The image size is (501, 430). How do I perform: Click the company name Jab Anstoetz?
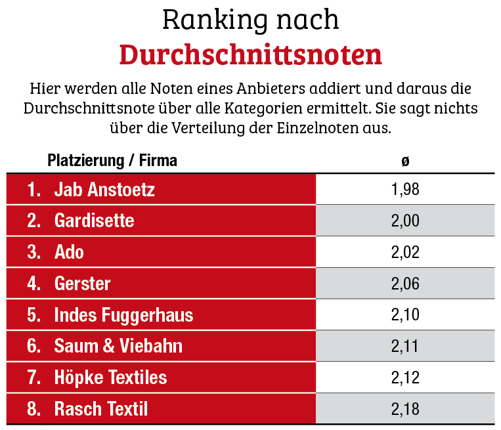tap(104, 190)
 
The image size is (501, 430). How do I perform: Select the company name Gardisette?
tap(94, 221)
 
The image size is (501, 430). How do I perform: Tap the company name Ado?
tap(69, 252)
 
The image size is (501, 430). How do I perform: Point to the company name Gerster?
tap(82, 284)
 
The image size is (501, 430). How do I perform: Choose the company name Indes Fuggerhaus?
tap(123, 315)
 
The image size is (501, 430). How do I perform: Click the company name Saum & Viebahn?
tap(118, 346)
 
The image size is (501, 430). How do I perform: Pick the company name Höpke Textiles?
tap(110, 377)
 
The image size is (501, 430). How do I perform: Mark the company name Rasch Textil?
tap(100, 409)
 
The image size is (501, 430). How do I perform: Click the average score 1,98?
tap(404, 190)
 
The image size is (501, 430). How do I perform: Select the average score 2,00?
tap(404, 221)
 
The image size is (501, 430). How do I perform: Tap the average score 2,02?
tap(404, 252)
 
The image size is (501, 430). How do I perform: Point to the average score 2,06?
tap(404, 284)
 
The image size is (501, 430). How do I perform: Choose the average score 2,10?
tap(404, 315)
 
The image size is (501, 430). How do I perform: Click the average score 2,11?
tap(404, 346)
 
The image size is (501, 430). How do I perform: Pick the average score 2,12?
tap(404, 377)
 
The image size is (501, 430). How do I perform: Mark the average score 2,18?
tap(404, 409)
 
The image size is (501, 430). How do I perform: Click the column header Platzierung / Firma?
tap(112, 160)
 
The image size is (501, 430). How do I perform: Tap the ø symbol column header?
tap(405, 161)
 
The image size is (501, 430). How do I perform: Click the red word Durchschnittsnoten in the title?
tap(250, 54)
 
